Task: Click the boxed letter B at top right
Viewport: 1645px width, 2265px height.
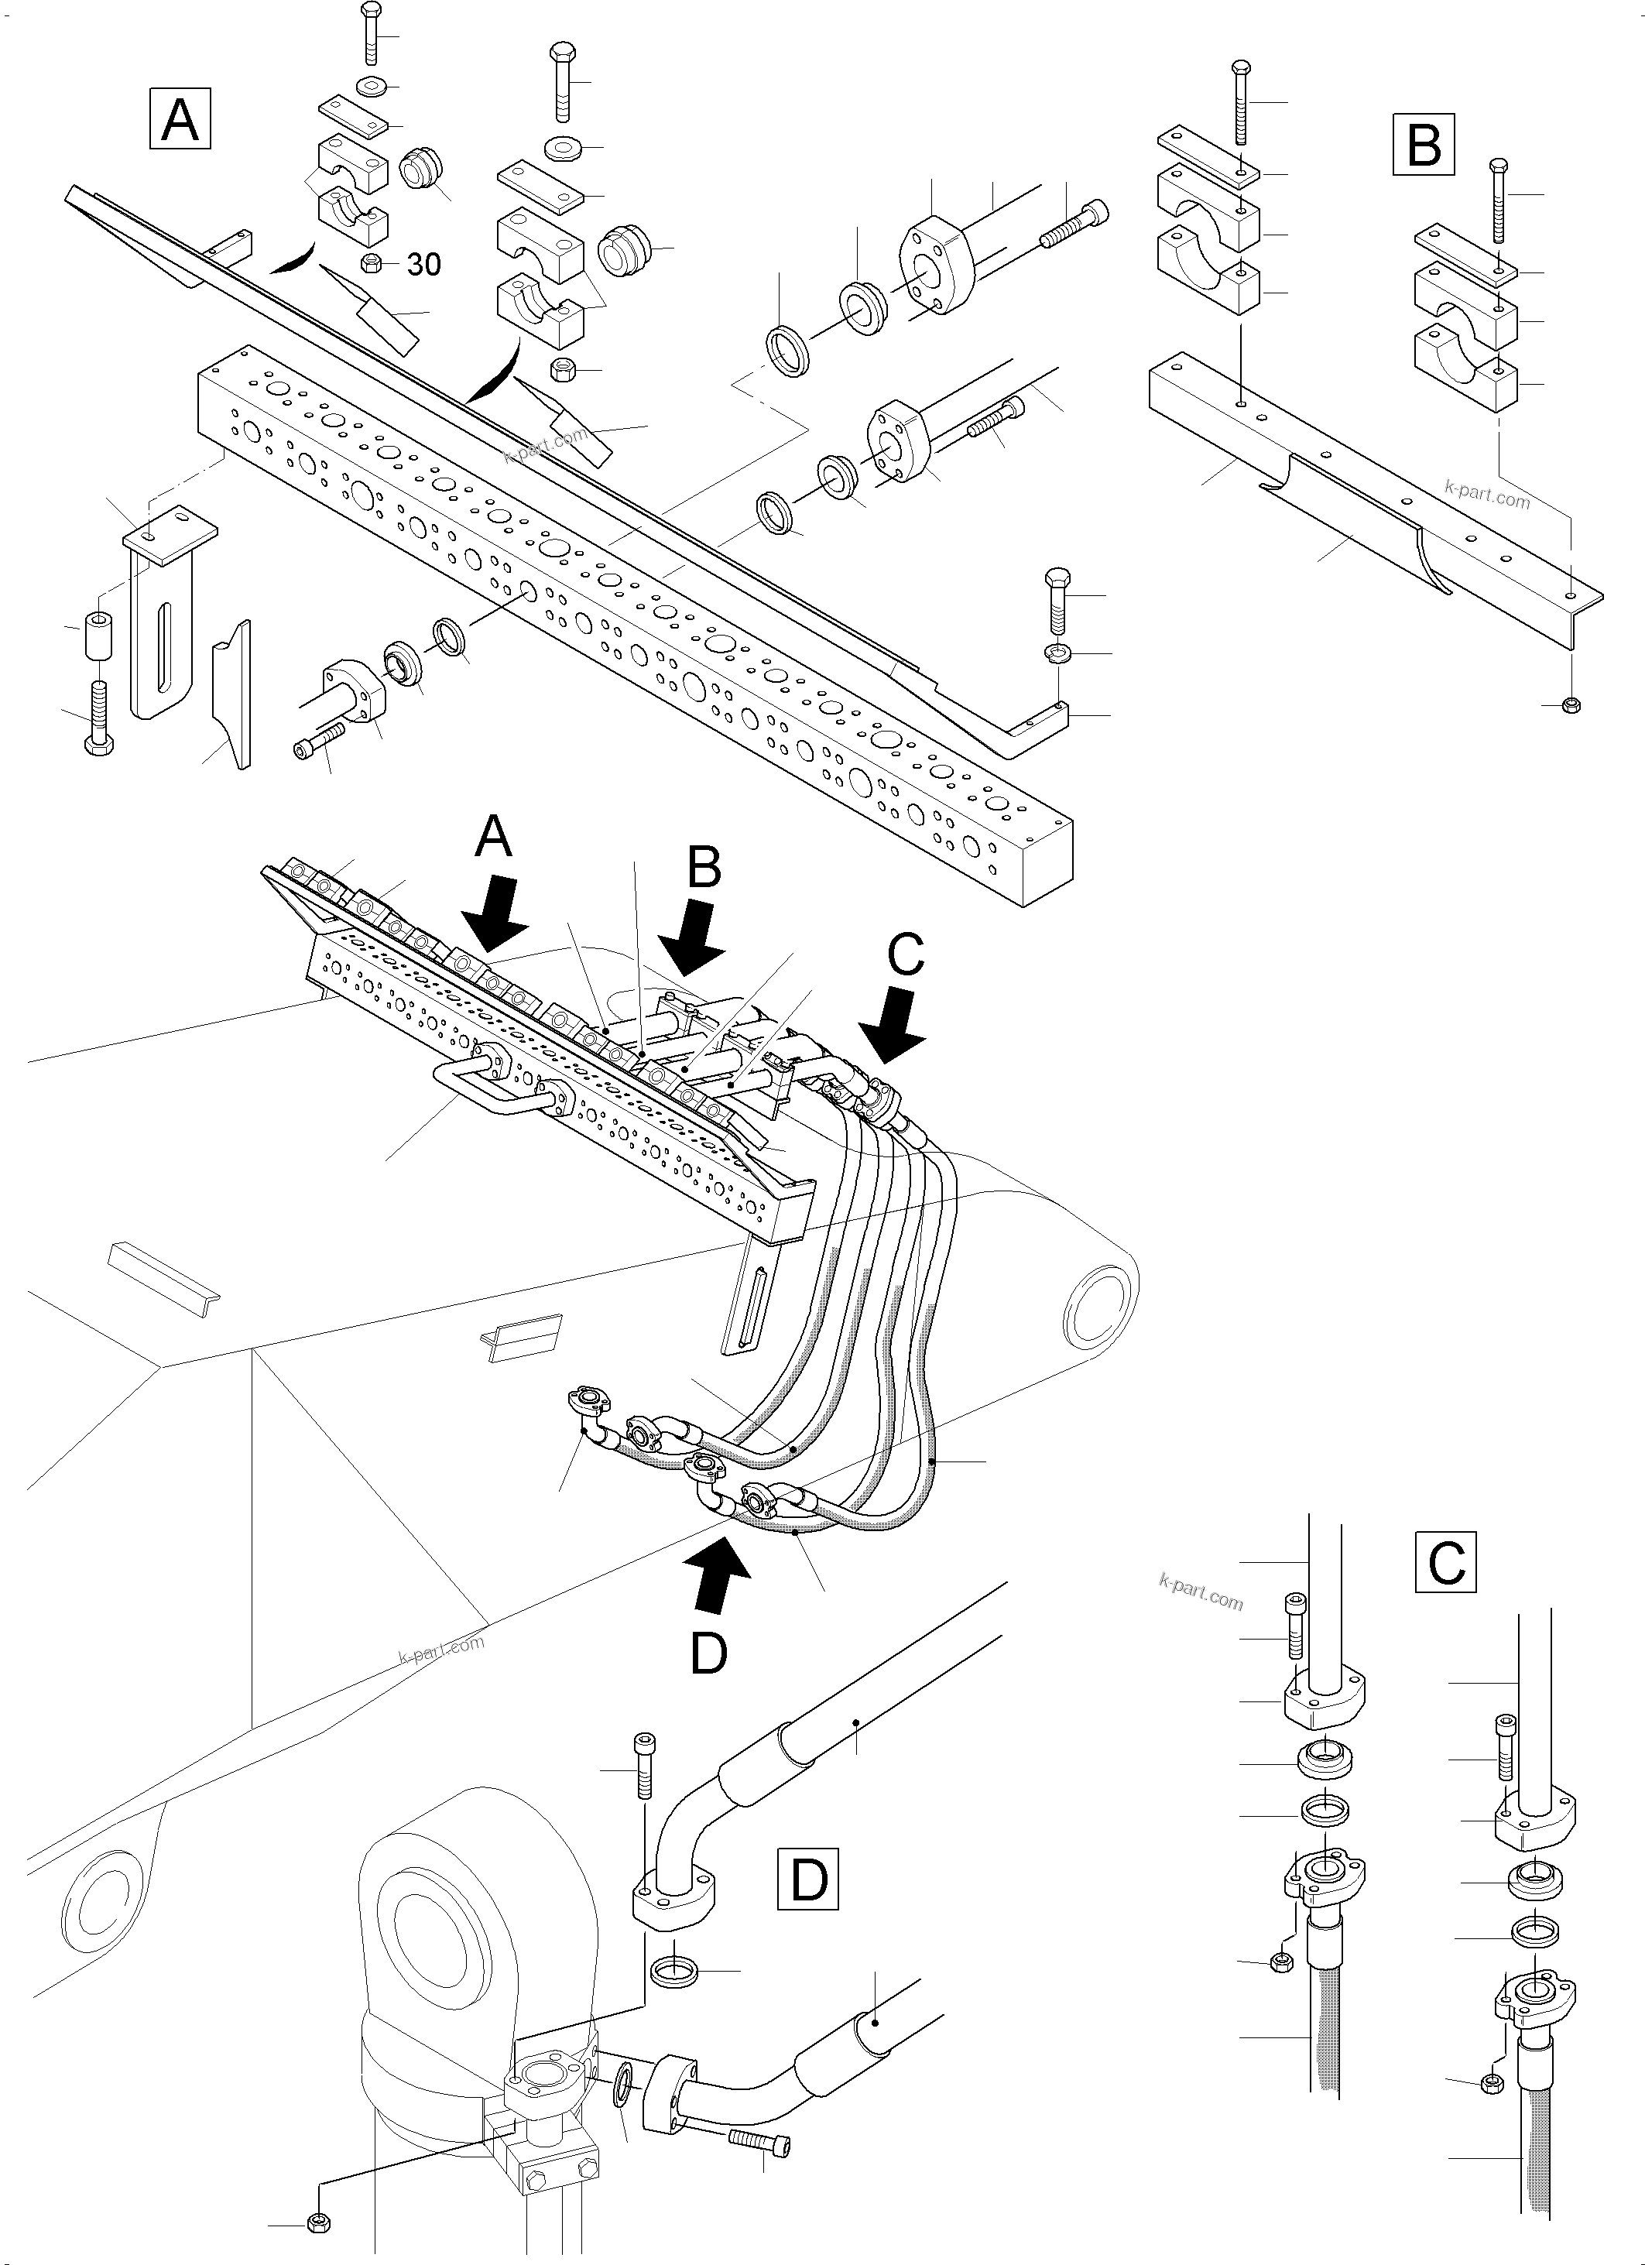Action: click(x=1424, y=144)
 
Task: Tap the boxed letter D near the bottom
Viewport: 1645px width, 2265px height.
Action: click(x=807, y=1880)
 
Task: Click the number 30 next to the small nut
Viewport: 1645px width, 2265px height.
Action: click(x=424, y=264)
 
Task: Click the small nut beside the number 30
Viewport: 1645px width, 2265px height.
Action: click(x=368, y=264)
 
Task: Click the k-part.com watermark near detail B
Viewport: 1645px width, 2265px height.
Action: click(x=1487, y=495)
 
